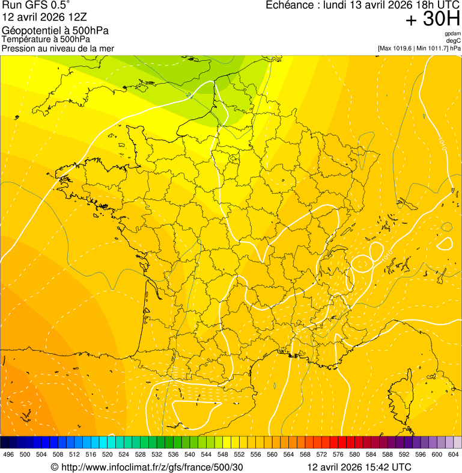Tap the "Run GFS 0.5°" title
coord(35,5)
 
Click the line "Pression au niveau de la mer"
coord(58,48)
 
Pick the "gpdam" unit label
coord(452,34)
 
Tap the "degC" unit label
coord(454,41)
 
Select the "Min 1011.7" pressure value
coord(432,48)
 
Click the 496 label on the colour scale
coord(8,454)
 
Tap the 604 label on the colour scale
coord(454,454)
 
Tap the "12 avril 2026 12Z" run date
coord(44,17)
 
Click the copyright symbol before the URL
coord(54,467)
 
